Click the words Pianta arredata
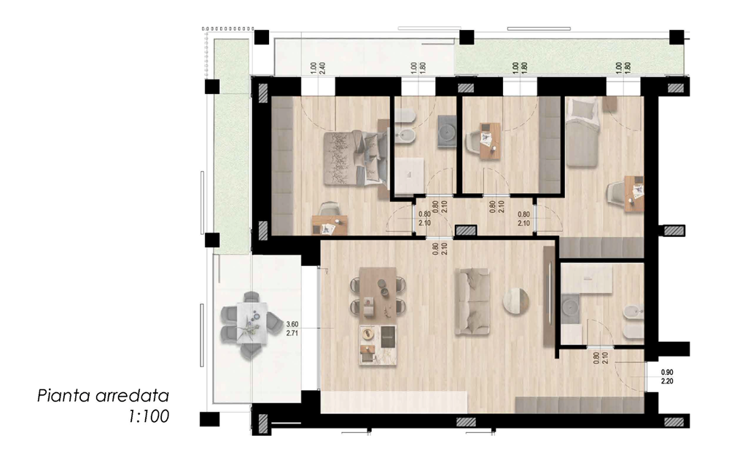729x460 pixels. pos(103,396)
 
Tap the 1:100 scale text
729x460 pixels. pos(149,416)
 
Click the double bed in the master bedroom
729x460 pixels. pos(356,158)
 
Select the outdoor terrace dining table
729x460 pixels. pos(252,322)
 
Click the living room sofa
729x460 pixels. pos(472,301)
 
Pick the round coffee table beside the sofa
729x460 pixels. pos(515,301)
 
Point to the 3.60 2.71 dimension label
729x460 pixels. pos(292,329)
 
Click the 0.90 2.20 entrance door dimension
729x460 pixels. pos(667,377)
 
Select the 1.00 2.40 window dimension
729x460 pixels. pos(318,69)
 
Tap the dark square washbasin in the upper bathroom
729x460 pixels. pos(448,132)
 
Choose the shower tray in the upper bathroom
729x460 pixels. pos(409,176)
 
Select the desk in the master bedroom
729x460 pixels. pos(330,225)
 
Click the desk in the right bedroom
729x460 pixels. pos(634,193)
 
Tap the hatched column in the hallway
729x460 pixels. pos(465,230)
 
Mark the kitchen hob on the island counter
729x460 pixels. pos(388,336)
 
